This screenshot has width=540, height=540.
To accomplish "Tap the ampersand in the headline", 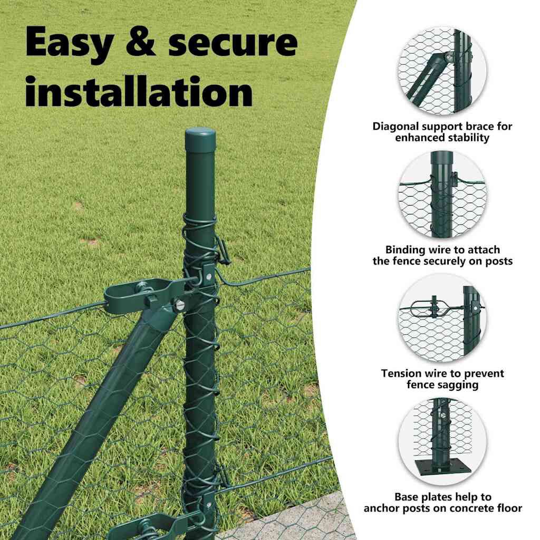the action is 140,41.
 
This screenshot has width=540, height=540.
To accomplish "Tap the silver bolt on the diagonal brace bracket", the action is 179,305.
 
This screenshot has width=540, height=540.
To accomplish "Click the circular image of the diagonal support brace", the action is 442,71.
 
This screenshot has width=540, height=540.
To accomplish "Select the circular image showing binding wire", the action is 442,195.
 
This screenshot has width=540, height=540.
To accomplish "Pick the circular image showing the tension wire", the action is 442,318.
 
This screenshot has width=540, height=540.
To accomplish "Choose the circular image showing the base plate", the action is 442,442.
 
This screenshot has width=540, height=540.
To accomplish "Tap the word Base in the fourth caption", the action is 406,497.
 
